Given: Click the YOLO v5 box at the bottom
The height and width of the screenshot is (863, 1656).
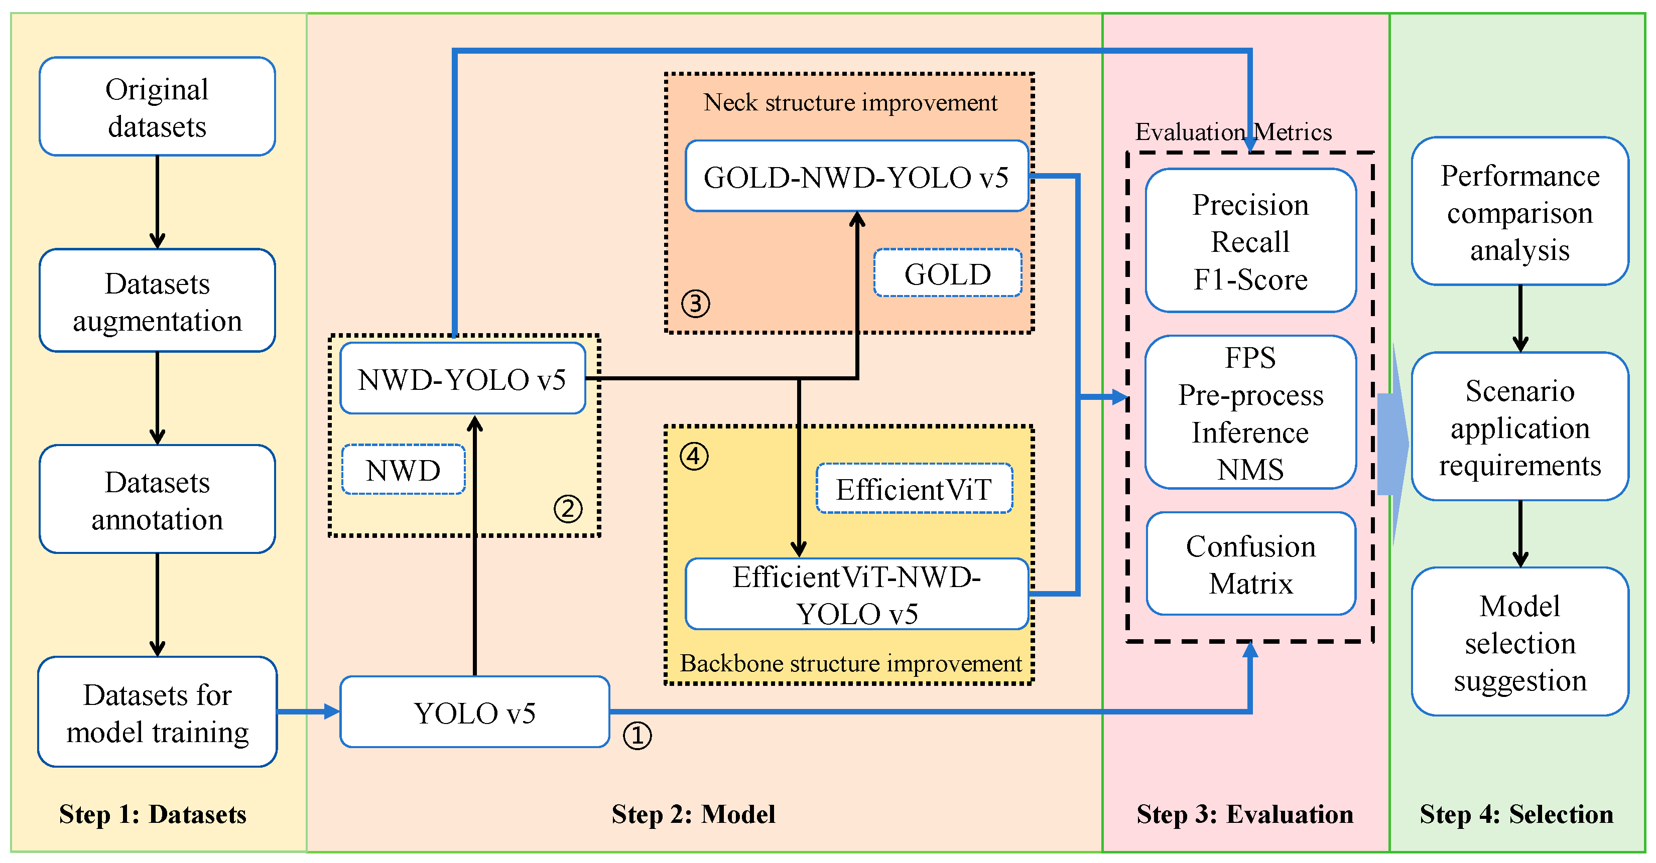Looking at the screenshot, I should pos(474,712).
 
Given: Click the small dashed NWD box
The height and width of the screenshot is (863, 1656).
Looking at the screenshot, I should pos(403,470).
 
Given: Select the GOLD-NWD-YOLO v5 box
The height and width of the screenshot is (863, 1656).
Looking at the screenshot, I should pos(856,177).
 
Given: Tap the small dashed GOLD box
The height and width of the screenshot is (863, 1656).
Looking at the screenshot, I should pos(948,274).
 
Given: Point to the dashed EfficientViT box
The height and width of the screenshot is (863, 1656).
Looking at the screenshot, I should pos(914,489).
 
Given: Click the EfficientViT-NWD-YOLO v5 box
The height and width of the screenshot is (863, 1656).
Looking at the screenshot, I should pos(856,595).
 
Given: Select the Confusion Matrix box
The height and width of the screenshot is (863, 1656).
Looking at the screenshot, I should pos(1250,564).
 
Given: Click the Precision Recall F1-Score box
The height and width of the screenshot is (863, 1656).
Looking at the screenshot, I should pos(1250,241).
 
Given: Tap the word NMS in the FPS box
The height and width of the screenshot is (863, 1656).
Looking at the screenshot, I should pos(1250,470).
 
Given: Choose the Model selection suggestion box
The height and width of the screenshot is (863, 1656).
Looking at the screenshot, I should pos(1519,642).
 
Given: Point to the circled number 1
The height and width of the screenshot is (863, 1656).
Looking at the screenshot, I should pos(637,735).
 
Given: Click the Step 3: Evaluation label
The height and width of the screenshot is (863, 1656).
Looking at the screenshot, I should pos(1244,814).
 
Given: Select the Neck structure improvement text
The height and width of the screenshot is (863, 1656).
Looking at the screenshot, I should pos(850,102).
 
